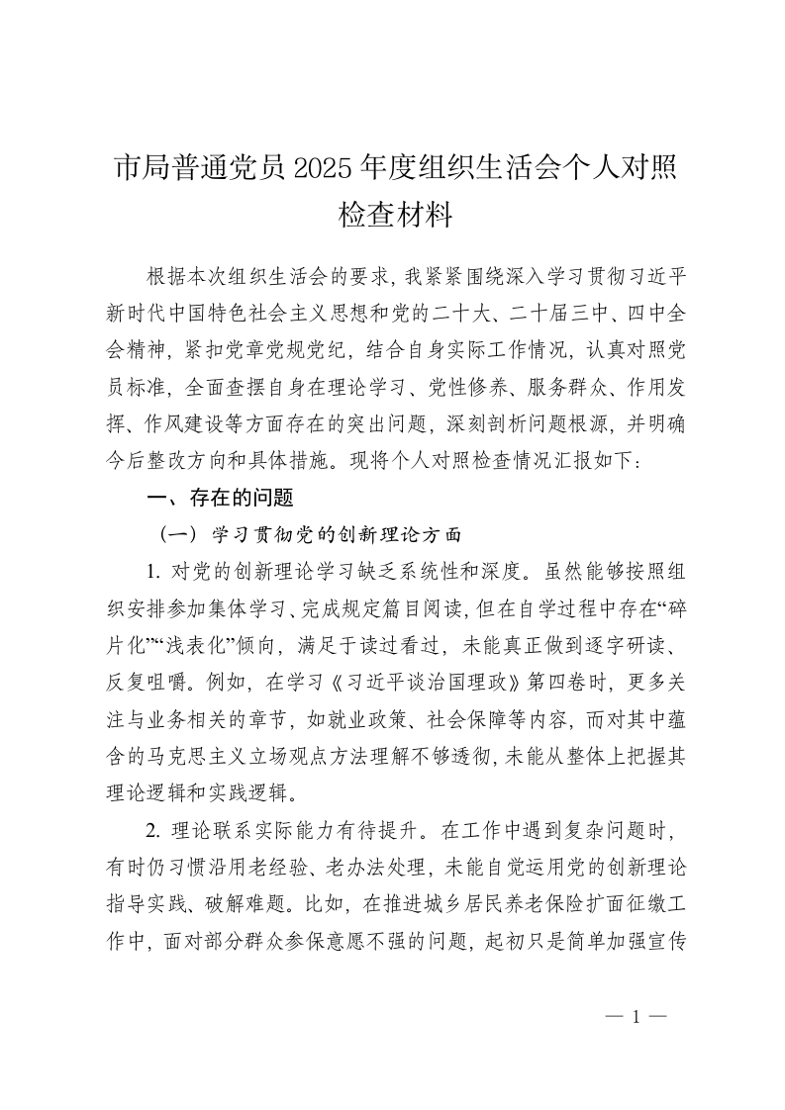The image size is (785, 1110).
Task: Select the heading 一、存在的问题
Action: click(220, 499)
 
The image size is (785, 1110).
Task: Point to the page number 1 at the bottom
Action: click(637, 1015)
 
